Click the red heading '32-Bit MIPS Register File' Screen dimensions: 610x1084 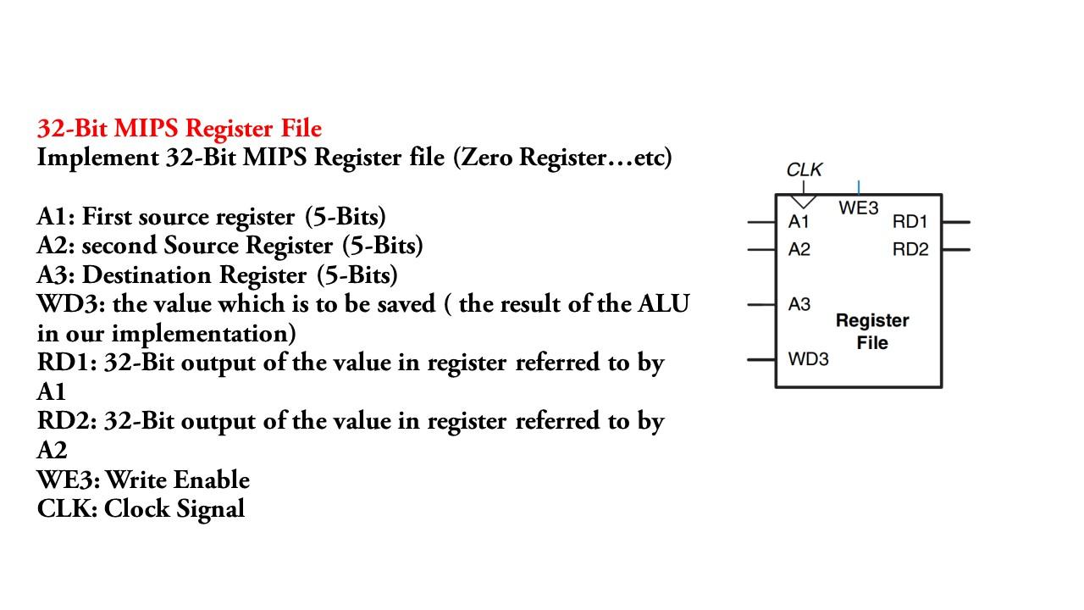(x=179, y=128)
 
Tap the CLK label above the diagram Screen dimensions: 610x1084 (x=804, y=169)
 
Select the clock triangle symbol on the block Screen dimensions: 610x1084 (x=803, y=202)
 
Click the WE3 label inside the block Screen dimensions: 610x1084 (x=859, y=208)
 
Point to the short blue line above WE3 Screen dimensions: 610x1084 (x=859, y=187)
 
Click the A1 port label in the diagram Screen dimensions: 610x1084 (x=799, y=222)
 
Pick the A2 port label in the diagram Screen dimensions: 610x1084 (x=799, y=249)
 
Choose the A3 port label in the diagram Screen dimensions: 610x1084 (x=799, y=304)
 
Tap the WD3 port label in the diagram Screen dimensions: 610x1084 (x=808, y=359)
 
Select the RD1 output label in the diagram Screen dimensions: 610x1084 (x=910, y=222)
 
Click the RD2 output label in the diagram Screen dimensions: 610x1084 (x=910, y=249)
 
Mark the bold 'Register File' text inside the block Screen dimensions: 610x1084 (x=871, y=331)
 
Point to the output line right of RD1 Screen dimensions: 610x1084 (x=955, y=222)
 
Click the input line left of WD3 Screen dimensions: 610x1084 (x=761, y=359)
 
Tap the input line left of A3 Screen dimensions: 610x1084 (x=761, y=304)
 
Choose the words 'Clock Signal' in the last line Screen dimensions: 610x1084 (x=174, y=508)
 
